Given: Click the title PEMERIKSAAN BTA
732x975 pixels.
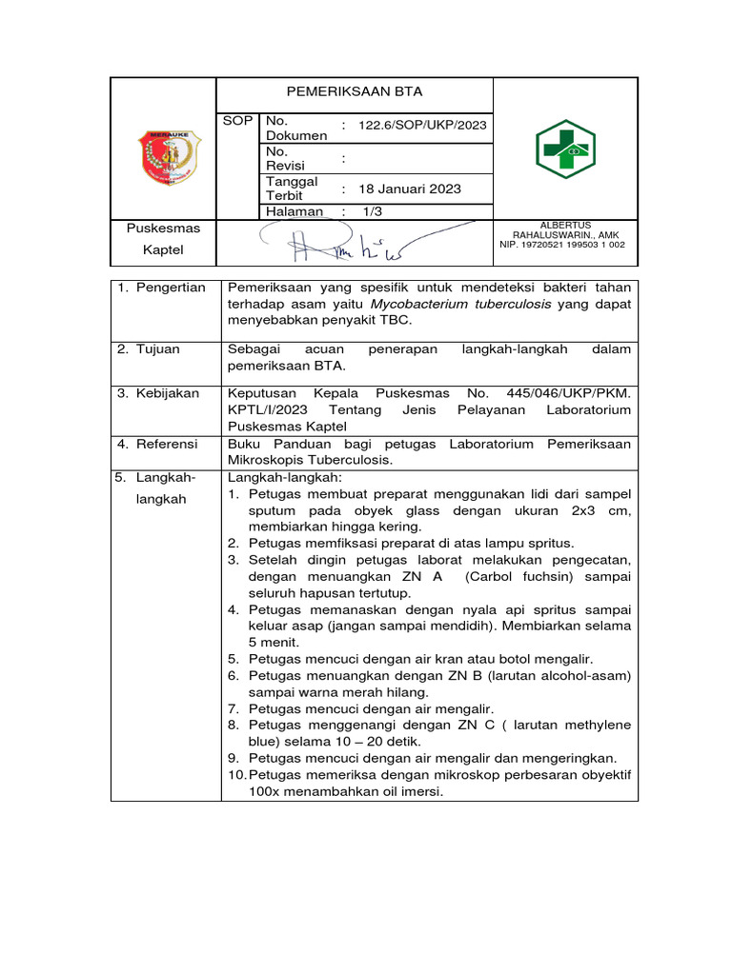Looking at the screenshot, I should pos(355,92).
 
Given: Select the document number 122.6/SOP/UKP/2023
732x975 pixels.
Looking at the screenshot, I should pos(420,126).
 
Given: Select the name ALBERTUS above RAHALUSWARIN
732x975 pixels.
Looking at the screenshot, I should pos(565,225).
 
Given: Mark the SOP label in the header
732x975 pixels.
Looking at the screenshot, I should pos(237,121).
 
